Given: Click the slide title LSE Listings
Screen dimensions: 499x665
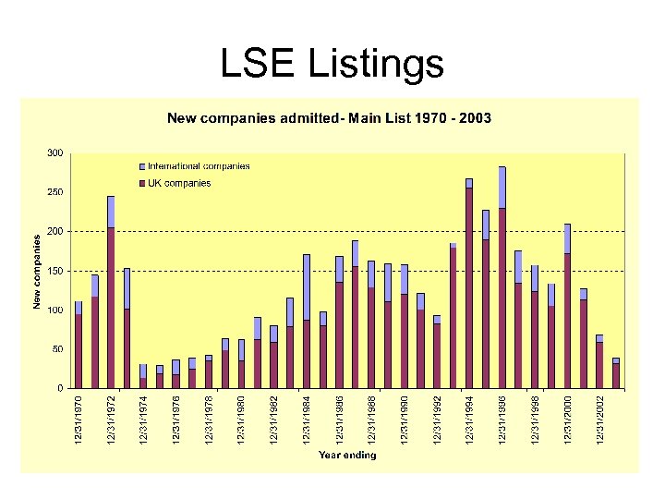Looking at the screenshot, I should point(332,64).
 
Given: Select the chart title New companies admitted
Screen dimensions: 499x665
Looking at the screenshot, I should point(328,118).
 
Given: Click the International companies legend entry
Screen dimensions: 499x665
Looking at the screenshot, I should point(199,166).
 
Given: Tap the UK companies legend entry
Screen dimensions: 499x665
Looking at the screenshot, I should point(179,183).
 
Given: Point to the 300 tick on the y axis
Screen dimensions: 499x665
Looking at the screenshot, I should point(56,152).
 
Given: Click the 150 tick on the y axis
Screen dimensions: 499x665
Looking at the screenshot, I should point(56,271).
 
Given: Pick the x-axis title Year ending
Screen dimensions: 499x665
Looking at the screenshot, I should point(347,455).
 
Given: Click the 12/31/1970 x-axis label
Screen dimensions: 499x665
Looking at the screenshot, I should point(79,419).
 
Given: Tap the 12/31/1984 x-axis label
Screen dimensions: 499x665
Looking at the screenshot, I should point(307,419).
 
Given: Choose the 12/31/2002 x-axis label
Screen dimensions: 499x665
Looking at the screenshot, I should point(599,419).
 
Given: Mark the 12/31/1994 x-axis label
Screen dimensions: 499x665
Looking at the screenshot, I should point(469,419).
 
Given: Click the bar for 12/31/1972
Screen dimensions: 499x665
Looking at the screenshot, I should point(111,305).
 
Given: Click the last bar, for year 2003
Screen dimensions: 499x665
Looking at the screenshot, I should point(616,374).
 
